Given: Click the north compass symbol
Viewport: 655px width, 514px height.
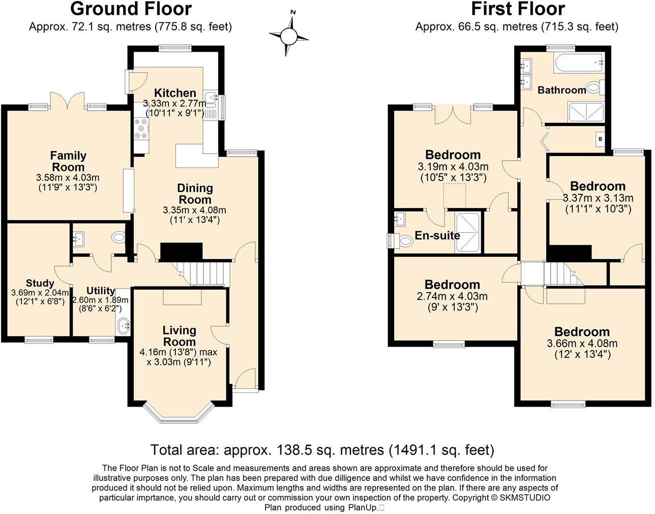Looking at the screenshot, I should [288, 36].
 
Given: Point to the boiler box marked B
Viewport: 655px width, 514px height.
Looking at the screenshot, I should [601, 138].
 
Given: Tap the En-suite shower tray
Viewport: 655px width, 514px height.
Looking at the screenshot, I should [467, 232].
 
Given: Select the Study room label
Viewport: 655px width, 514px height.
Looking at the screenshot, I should [40, 283].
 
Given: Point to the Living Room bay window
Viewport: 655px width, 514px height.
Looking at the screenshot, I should [178, 415].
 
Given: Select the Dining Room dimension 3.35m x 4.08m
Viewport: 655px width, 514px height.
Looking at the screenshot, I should [194, 210].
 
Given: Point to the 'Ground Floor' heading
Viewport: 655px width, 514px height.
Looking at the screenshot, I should [131, 9].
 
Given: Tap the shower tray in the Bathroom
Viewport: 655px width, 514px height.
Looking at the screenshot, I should [586, 112].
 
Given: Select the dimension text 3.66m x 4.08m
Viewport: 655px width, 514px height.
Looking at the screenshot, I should [582, 344].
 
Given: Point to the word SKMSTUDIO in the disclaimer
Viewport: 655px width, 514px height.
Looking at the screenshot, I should [525, 498].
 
